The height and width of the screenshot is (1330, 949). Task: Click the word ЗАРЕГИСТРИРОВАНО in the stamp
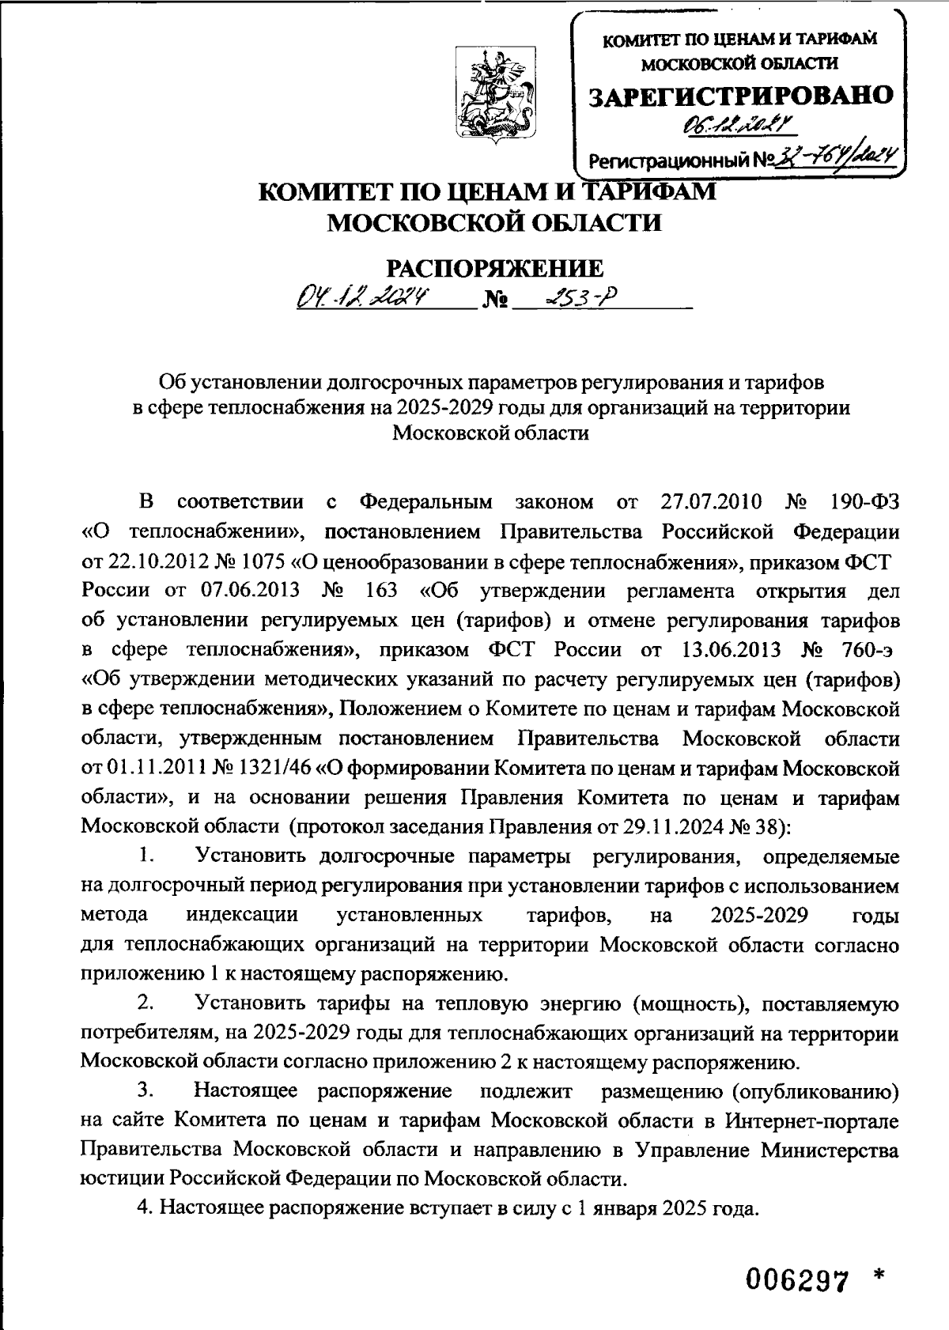(741, 95)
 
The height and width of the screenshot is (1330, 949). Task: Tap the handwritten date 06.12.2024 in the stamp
(739, 123)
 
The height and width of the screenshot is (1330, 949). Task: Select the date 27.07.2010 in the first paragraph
(709, 502)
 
